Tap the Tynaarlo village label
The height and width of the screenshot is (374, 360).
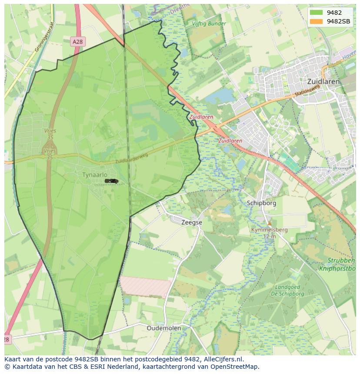point(94,175)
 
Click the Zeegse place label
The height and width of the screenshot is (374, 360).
point(192,222)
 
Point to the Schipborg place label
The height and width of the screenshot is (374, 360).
point(261,203)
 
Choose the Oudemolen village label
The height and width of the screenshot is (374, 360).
point(164,328)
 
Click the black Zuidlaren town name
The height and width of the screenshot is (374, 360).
point(323,81)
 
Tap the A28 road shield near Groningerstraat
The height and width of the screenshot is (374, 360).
point(77,41)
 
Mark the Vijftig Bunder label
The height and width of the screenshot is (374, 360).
point(210,23)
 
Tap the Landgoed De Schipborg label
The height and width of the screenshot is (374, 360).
point(287,290)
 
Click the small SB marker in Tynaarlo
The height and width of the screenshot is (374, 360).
point(112,181)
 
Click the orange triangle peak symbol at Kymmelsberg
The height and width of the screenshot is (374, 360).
point(269,223)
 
